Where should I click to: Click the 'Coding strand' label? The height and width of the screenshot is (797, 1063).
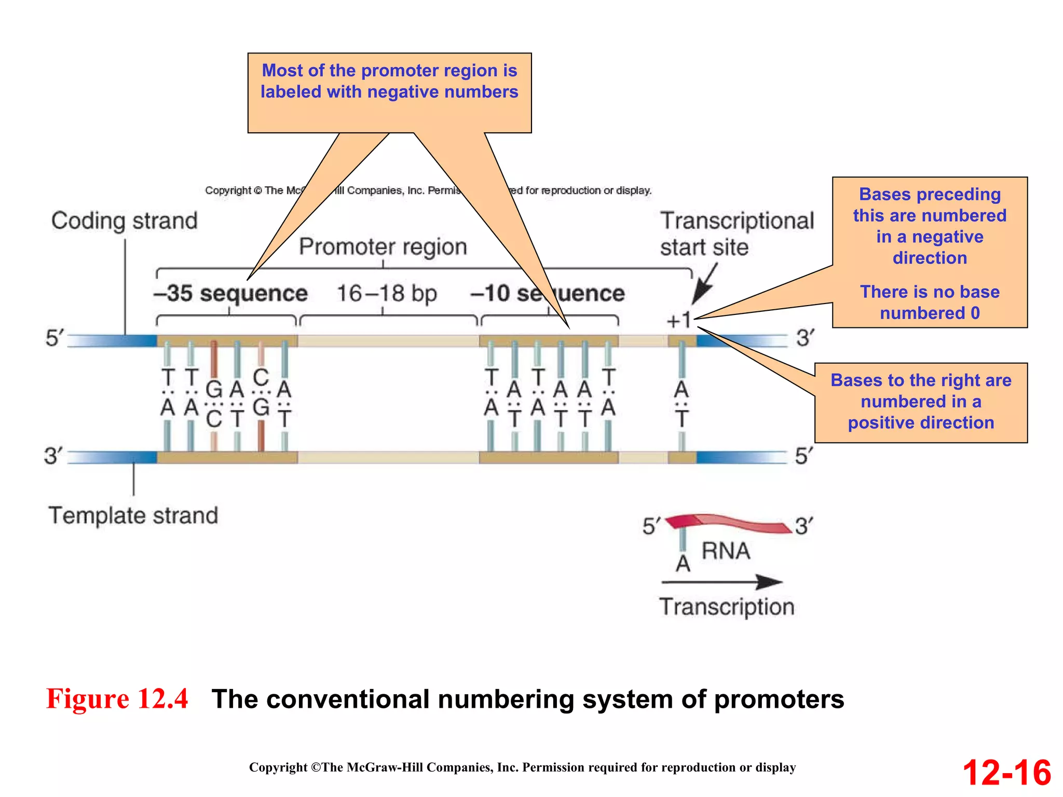coord(125,221)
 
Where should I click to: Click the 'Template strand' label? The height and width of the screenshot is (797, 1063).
coord(133,516)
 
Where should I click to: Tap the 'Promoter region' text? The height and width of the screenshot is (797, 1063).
coord(383,247)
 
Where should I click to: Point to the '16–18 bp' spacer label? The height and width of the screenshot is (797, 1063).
coord(387,294)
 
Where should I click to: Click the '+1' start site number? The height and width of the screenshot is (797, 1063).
coord(678,320)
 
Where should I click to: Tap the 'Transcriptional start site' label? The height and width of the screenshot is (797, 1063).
coord(736,234)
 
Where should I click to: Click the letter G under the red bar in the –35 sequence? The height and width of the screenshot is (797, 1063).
coord(214,390)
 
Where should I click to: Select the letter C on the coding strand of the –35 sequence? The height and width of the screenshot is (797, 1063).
coord(261,378)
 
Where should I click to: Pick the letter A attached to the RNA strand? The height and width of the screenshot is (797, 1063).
coord(683,564)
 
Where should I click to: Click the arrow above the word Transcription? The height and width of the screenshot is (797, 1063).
coord(721,582)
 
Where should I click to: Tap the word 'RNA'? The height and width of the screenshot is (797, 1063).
coord(726,551)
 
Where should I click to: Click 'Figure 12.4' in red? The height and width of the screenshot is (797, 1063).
coord(117,698)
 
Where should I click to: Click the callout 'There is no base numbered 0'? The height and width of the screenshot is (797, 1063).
coord(930,303)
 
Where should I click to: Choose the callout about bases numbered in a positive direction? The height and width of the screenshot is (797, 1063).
coord(921,402)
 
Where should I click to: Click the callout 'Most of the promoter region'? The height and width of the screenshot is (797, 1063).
coord(389,81)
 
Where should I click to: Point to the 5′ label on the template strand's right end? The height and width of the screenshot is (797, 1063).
coord(804,456)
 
